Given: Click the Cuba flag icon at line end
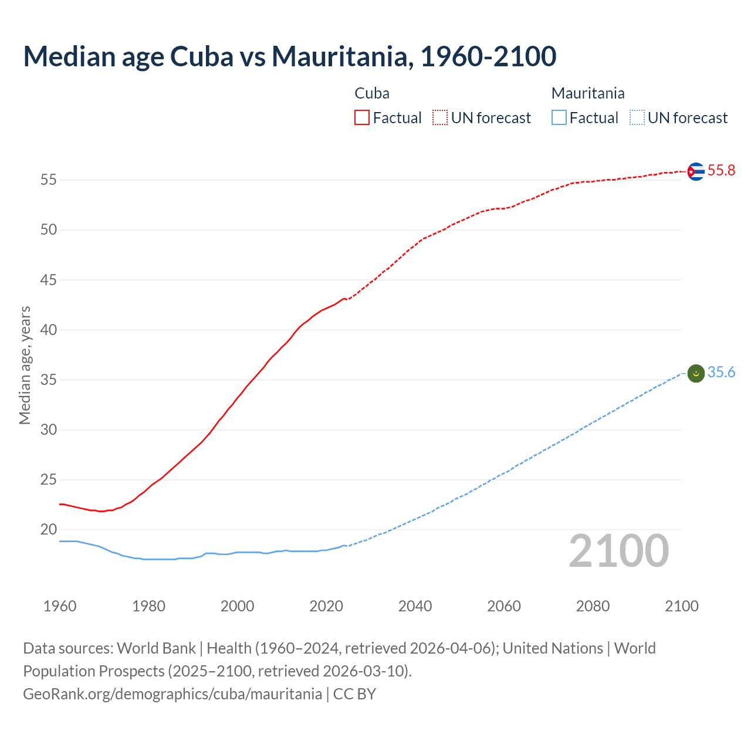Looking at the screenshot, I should (x=696, y=171).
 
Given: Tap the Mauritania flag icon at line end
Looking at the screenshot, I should (x=696, y=373).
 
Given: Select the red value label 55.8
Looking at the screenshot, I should (x=721, y=171).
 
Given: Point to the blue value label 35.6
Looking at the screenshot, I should (x=721, y=373).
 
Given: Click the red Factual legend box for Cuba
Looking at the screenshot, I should (x=362, y=118).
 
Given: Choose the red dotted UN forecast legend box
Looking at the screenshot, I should (x=440, y=118).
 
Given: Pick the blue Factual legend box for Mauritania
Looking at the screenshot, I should (x=559, y=118).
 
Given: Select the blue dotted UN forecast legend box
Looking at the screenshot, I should (x=637, y=118).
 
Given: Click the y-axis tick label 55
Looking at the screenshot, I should (x=49, y=180).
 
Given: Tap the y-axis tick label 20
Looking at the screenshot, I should (x=49, y=530).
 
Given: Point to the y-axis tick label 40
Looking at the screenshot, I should (x=49, y=330).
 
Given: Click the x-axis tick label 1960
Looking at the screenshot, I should (x=60, y=606).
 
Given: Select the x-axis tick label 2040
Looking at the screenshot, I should (x=415, y=606).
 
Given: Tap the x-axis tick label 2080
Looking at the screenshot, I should (x=593, y=606).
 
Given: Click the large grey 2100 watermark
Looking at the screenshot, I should (x=618, y=551).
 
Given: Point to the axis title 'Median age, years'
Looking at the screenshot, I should (x=25, y=365).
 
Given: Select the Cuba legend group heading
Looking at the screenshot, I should (x=372, y=93).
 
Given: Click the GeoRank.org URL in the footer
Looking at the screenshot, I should (x=172, y=694).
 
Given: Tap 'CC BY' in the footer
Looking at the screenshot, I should (x=354, y=694).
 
